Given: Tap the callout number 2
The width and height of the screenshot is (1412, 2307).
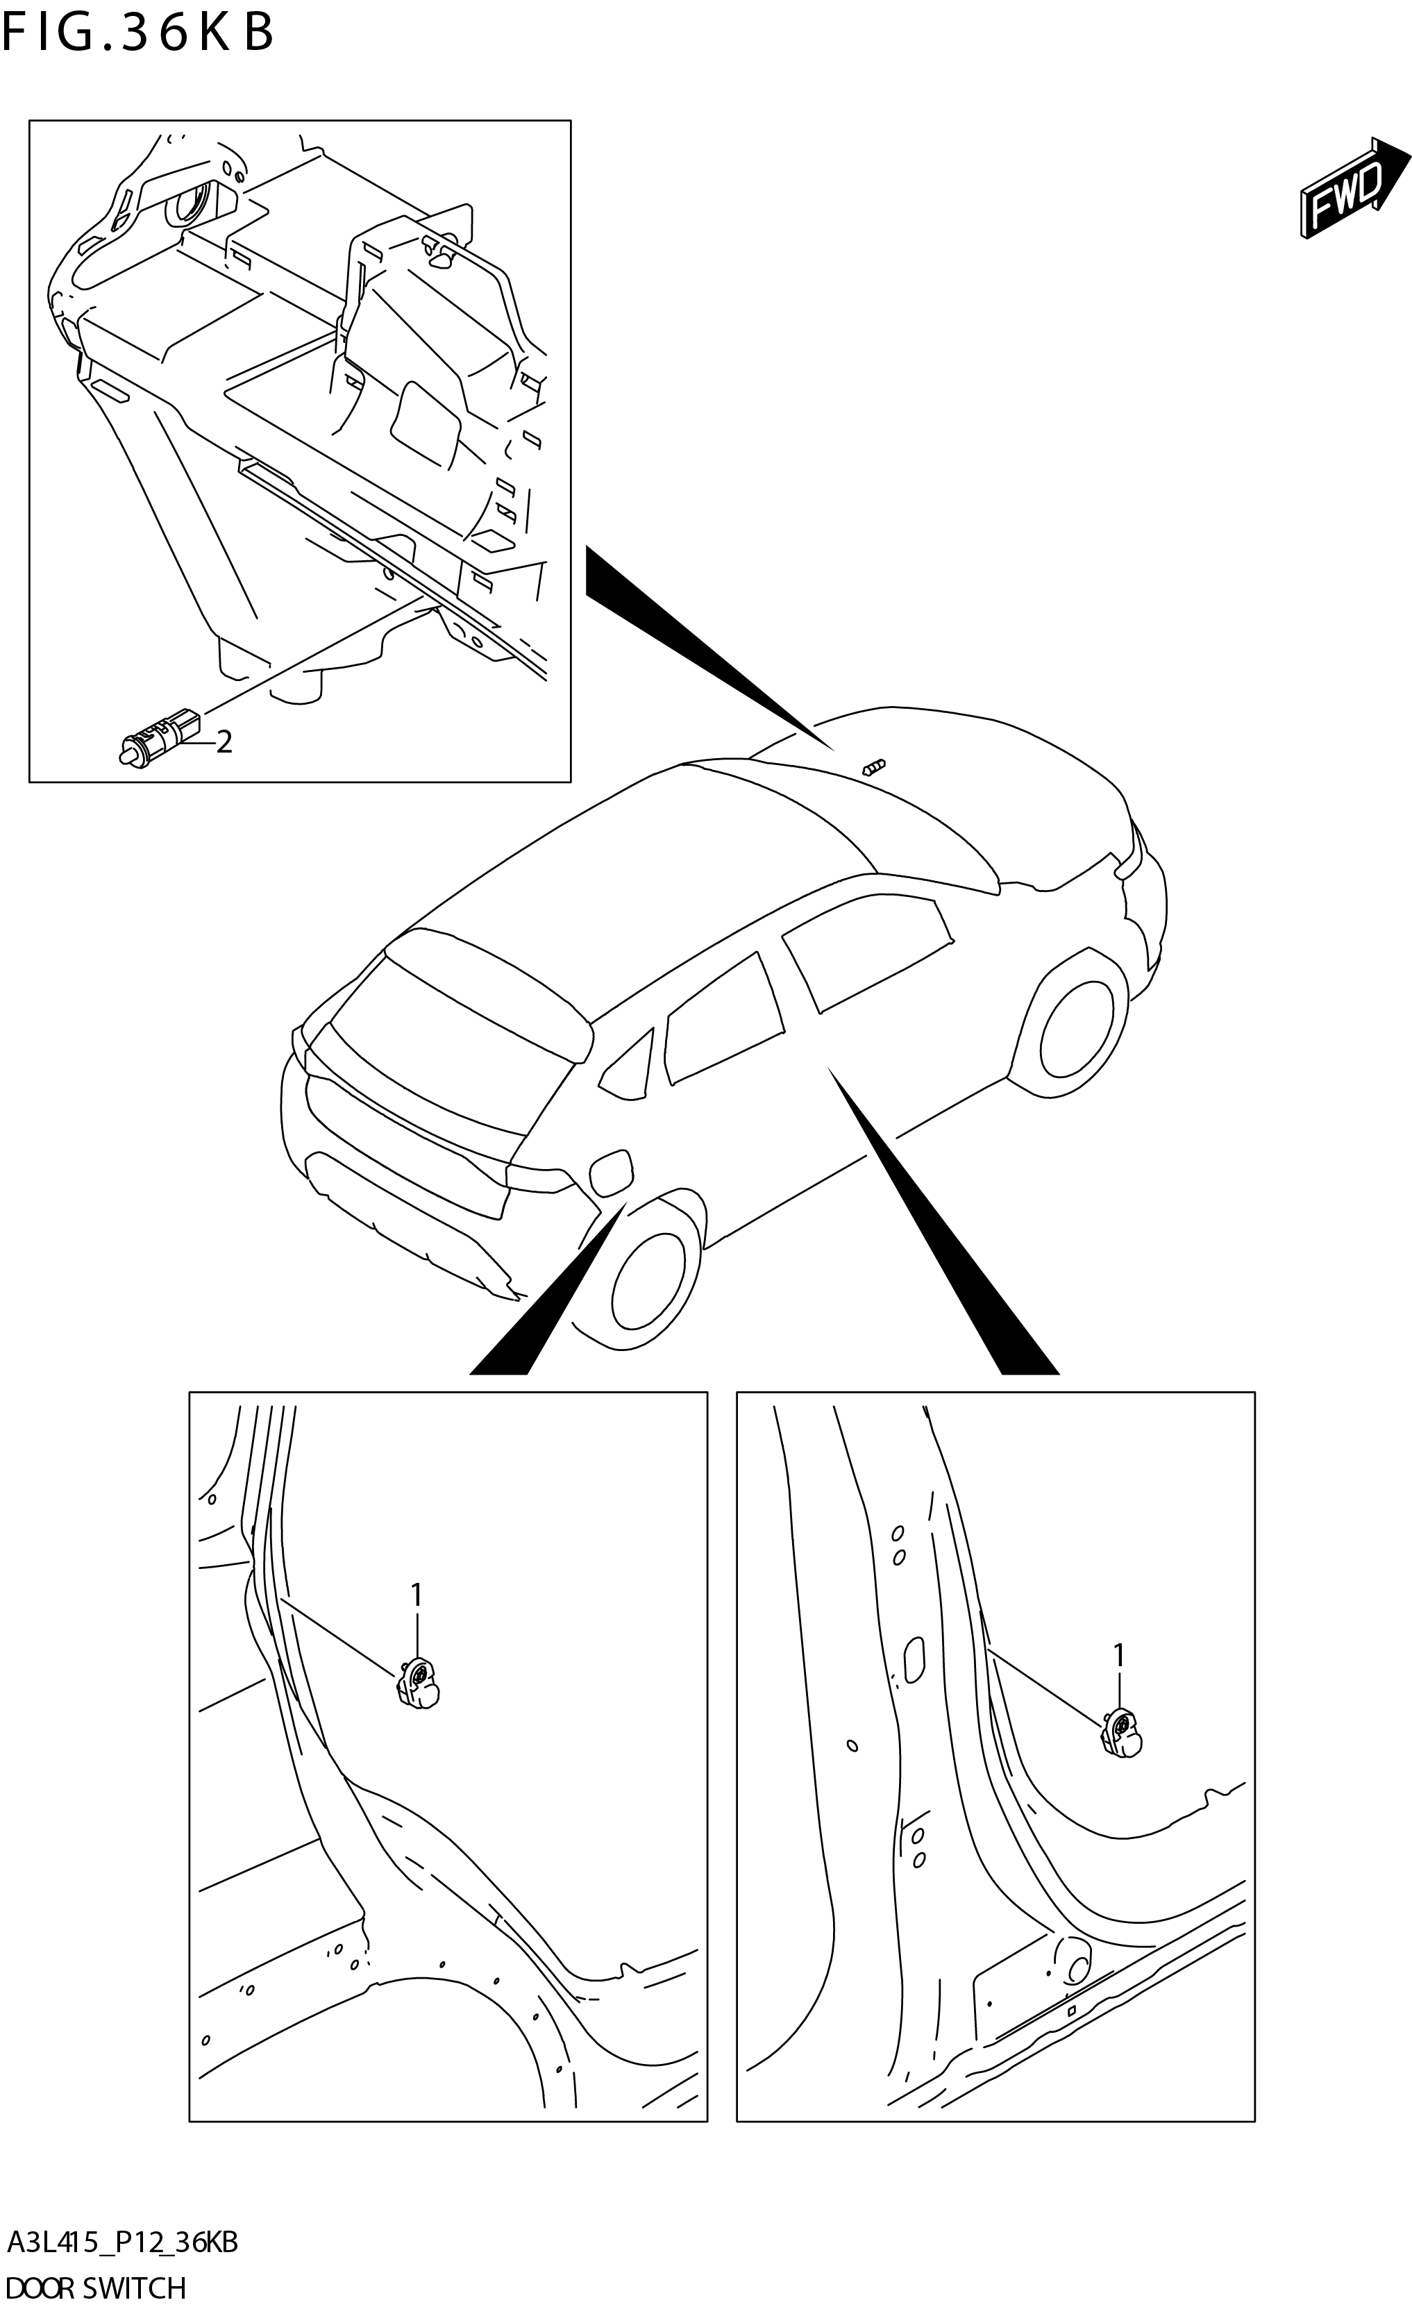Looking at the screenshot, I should point(224,742).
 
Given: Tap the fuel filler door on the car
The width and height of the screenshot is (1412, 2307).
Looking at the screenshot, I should point(610,1173).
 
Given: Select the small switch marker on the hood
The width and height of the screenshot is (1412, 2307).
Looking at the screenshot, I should point(872,768).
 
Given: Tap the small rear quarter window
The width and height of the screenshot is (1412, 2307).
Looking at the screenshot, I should point(629,1069).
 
